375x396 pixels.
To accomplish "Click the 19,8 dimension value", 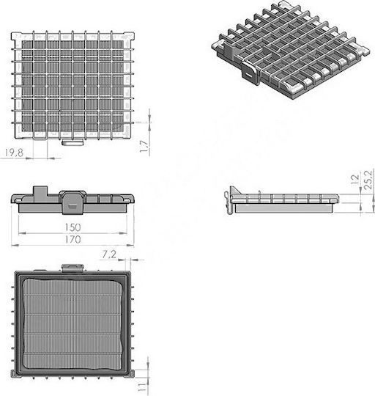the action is [14, 153].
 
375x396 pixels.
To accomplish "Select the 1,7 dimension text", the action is [144, 147].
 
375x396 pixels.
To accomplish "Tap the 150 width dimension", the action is [73, 227].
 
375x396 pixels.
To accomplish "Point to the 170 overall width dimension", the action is [73, 239].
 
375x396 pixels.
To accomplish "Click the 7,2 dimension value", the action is [109, 254].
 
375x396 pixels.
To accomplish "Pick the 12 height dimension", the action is [355, 179].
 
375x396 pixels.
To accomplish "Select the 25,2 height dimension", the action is [368, 180].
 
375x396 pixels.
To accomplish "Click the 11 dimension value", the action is [142, 387].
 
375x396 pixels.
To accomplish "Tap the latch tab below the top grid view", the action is [73, 143].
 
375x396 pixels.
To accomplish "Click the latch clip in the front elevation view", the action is [72, 203].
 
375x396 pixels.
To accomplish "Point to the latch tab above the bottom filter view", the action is [73, 268].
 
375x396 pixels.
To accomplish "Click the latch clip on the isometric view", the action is [250, 73].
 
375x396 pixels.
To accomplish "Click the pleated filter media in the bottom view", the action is [73, 324].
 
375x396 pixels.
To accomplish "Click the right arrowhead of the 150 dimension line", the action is [123, 233].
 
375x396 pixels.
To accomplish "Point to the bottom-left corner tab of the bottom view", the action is [13, 374].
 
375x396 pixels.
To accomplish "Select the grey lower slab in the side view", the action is [284, 208].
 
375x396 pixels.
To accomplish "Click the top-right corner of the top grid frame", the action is [134, 32].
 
